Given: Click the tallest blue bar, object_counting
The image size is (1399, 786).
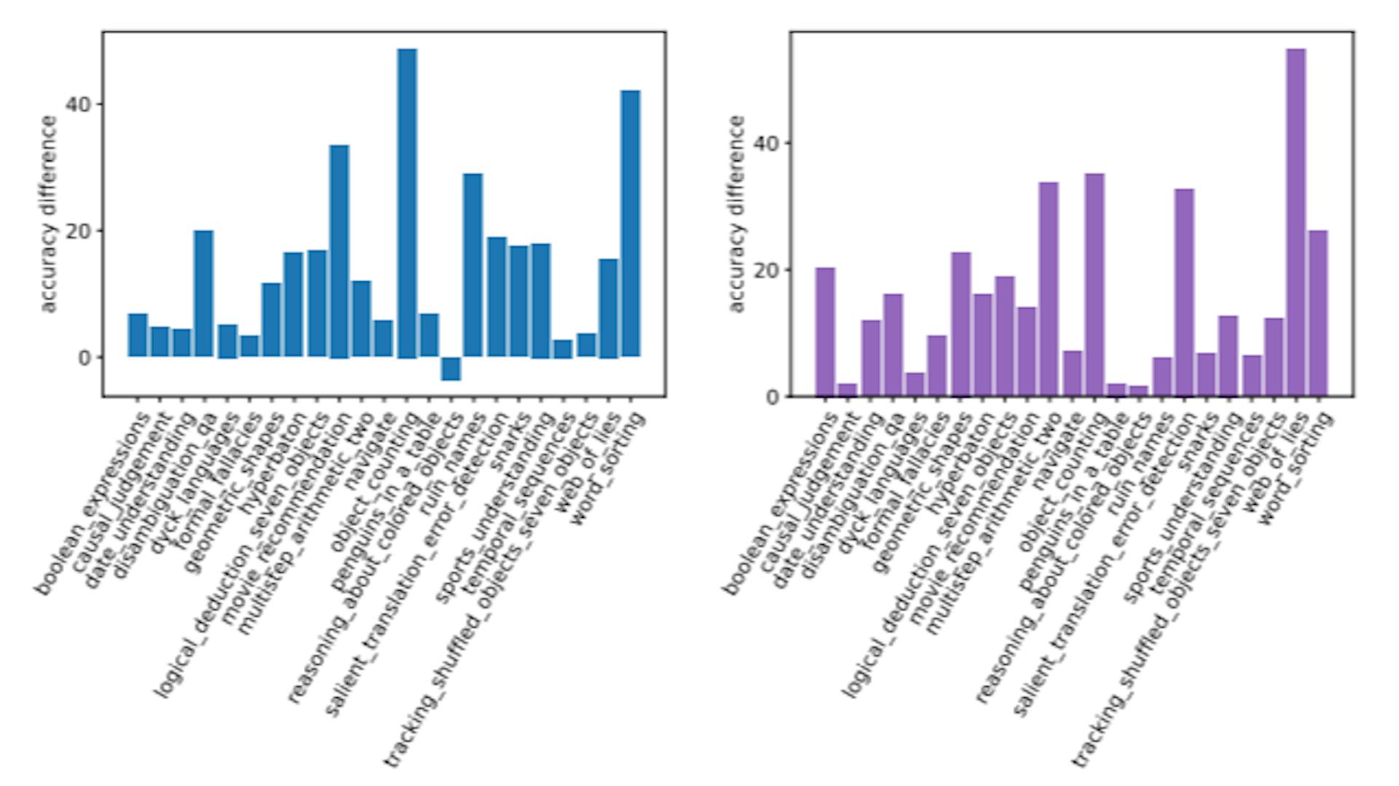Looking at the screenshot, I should coord(407,204).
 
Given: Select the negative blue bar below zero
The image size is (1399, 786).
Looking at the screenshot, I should coord(451,369).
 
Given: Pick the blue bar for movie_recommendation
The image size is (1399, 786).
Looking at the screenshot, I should coord(339,251).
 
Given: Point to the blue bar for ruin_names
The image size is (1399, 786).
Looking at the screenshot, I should coord(473,265).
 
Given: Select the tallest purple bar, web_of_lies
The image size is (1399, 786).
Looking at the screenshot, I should coord(1296,222).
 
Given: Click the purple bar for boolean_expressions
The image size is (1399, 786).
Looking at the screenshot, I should coord(825,332).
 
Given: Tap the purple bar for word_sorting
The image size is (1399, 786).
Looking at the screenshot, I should coord(1317,313).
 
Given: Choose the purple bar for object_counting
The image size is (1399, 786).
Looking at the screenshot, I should coord(1094,285).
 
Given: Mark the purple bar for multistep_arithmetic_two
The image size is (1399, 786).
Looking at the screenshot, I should coord(1049,289).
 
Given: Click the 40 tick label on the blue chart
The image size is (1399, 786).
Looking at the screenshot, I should coord(79,105).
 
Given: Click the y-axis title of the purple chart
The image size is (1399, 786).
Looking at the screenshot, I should coord(737,214).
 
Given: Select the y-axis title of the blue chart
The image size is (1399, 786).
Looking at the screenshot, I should coord(48,214).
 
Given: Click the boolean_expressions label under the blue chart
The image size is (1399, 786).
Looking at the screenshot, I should coord(95,503).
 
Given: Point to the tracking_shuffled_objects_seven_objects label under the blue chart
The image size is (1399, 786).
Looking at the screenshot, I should coord(503,590).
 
